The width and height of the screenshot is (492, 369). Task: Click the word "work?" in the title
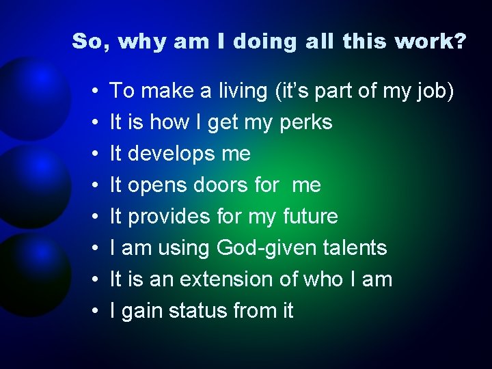438,42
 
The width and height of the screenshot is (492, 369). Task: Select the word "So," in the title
92,42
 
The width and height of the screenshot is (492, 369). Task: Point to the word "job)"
434,91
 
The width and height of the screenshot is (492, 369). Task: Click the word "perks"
306,123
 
